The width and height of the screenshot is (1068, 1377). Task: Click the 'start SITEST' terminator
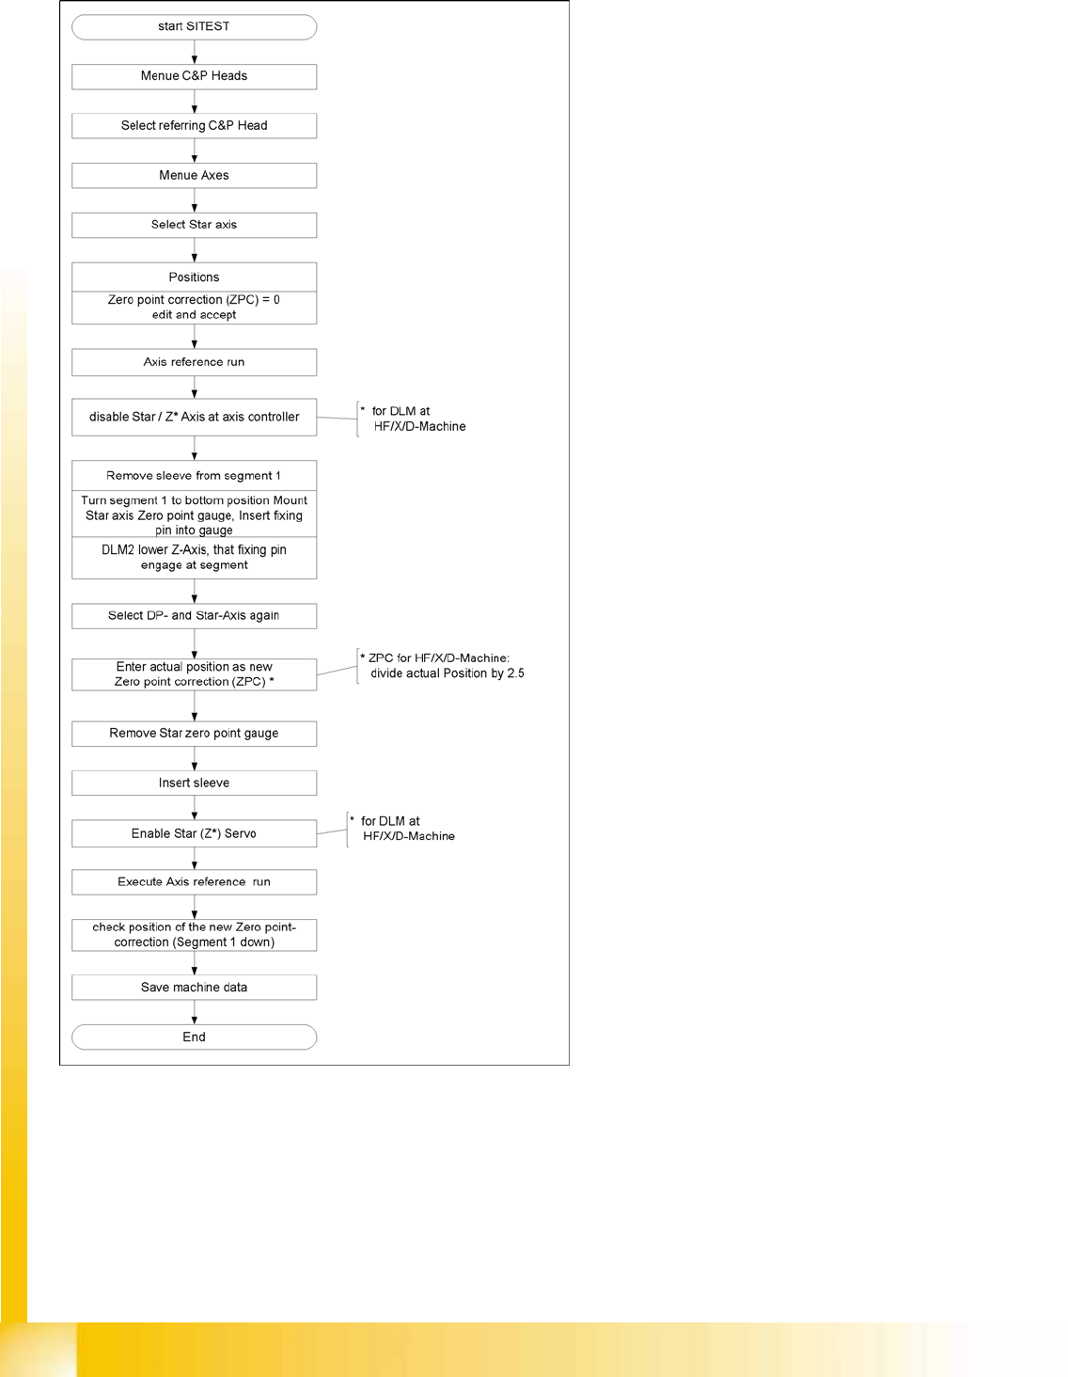pos(194,26)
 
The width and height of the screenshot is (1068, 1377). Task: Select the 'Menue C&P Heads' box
pos(194,76)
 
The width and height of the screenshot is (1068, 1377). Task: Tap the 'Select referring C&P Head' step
pos(194,125)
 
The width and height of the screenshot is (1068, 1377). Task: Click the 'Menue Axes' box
pos(194,175)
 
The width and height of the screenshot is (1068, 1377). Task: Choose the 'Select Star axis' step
pos(194,225)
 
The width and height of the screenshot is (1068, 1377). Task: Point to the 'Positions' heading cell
pos(194,277)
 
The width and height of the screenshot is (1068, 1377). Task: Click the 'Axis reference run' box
pos(194,362)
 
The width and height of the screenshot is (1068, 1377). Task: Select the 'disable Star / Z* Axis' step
pos(194,417)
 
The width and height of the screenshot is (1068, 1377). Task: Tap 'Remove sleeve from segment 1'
pos(194,476)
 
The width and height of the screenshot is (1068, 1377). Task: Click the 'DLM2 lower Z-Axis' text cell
pos(194,558)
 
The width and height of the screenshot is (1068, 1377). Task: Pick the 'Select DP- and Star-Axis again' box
pos(194,616)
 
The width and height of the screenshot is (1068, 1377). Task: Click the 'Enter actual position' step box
pos(194,674)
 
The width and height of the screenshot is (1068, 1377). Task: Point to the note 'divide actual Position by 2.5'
pos(447,673)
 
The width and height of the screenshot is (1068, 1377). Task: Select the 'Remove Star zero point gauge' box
pos(194,734)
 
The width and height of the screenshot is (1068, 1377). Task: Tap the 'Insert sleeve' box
pos(194,783)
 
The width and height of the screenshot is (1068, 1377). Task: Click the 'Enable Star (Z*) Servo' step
pos(194,833)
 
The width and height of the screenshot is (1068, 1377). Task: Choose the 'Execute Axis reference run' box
pos(194,882)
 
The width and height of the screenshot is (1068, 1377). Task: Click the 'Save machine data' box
pos(194,988)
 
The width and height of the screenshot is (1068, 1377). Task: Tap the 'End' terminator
pos(194,1037)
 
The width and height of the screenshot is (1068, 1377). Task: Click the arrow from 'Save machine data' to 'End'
pos(195,1012)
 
